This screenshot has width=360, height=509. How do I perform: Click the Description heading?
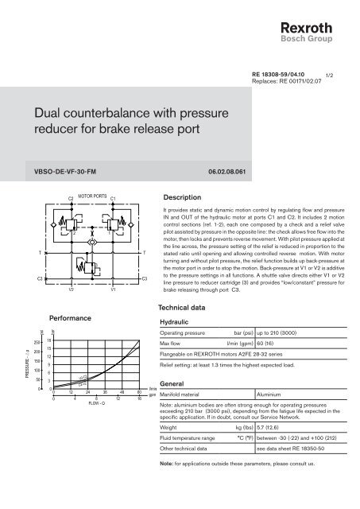184,195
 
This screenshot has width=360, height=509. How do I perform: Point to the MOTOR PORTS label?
93,192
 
